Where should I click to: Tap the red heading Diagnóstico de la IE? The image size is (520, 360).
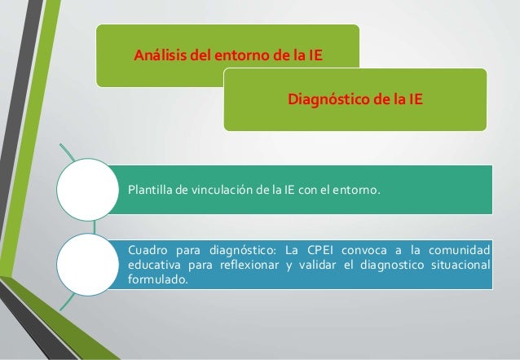click(x=355, y=100)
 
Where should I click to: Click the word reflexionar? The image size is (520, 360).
click(x=245, y=265)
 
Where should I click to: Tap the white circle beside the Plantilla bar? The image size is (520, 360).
click(x=86, y=189)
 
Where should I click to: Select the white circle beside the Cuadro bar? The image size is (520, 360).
click(x=86, y=261)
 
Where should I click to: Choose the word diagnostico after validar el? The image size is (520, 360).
click(x=389, y=265)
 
